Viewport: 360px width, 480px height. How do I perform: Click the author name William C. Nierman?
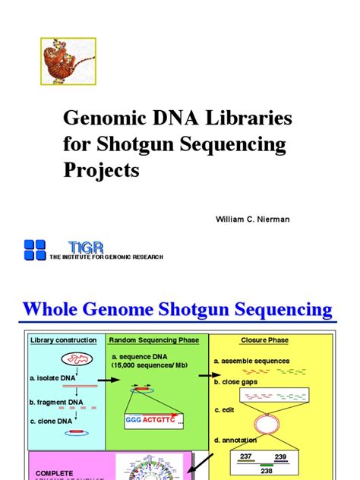point(253,219)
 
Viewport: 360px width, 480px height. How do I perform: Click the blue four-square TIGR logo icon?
point(35,249)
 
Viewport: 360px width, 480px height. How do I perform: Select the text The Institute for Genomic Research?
point(106,257)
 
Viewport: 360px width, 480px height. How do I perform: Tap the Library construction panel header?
point(64,340)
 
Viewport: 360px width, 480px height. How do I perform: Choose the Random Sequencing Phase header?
point(154,340)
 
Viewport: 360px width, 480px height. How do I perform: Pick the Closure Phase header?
point(264,340)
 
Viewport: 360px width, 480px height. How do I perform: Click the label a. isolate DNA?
point(52,377)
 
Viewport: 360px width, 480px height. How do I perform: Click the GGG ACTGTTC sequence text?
point(151,419)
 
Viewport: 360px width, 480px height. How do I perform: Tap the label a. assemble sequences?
point(252,361)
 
